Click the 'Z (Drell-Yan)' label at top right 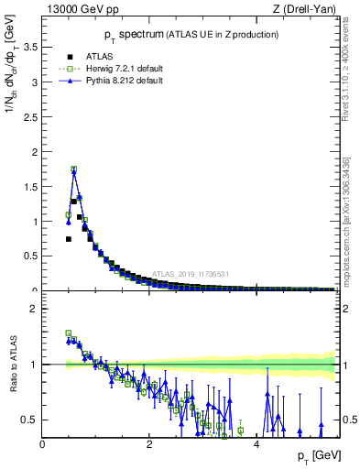pos(304,10)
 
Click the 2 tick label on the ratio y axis pos(35,309)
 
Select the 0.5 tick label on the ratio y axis pos(31,420)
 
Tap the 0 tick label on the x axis pos(43,444)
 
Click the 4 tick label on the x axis pos(256,444)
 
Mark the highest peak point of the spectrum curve pos(73,169)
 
